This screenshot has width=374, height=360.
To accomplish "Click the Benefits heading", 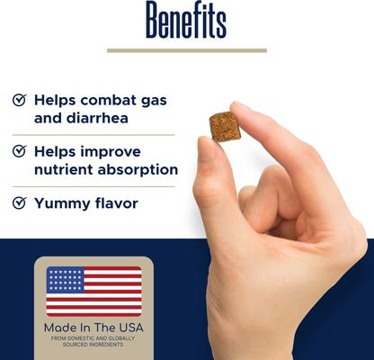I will tap(186, 21).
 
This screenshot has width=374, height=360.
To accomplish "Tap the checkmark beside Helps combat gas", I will tap(19, 100).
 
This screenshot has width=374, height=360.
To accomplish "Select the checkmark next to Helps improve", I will tap(19, 152).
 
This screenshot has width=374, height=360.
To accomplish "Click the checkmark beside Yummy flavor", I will tap(19, 203).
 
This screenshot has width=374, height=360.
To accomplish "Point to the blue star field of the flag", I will tap(65, 280).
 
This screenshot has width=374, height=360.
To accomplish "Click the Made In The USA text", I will tap(93, 328).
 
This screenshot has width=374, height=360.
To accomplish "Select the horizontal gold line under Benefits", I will tap(186, 50).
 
